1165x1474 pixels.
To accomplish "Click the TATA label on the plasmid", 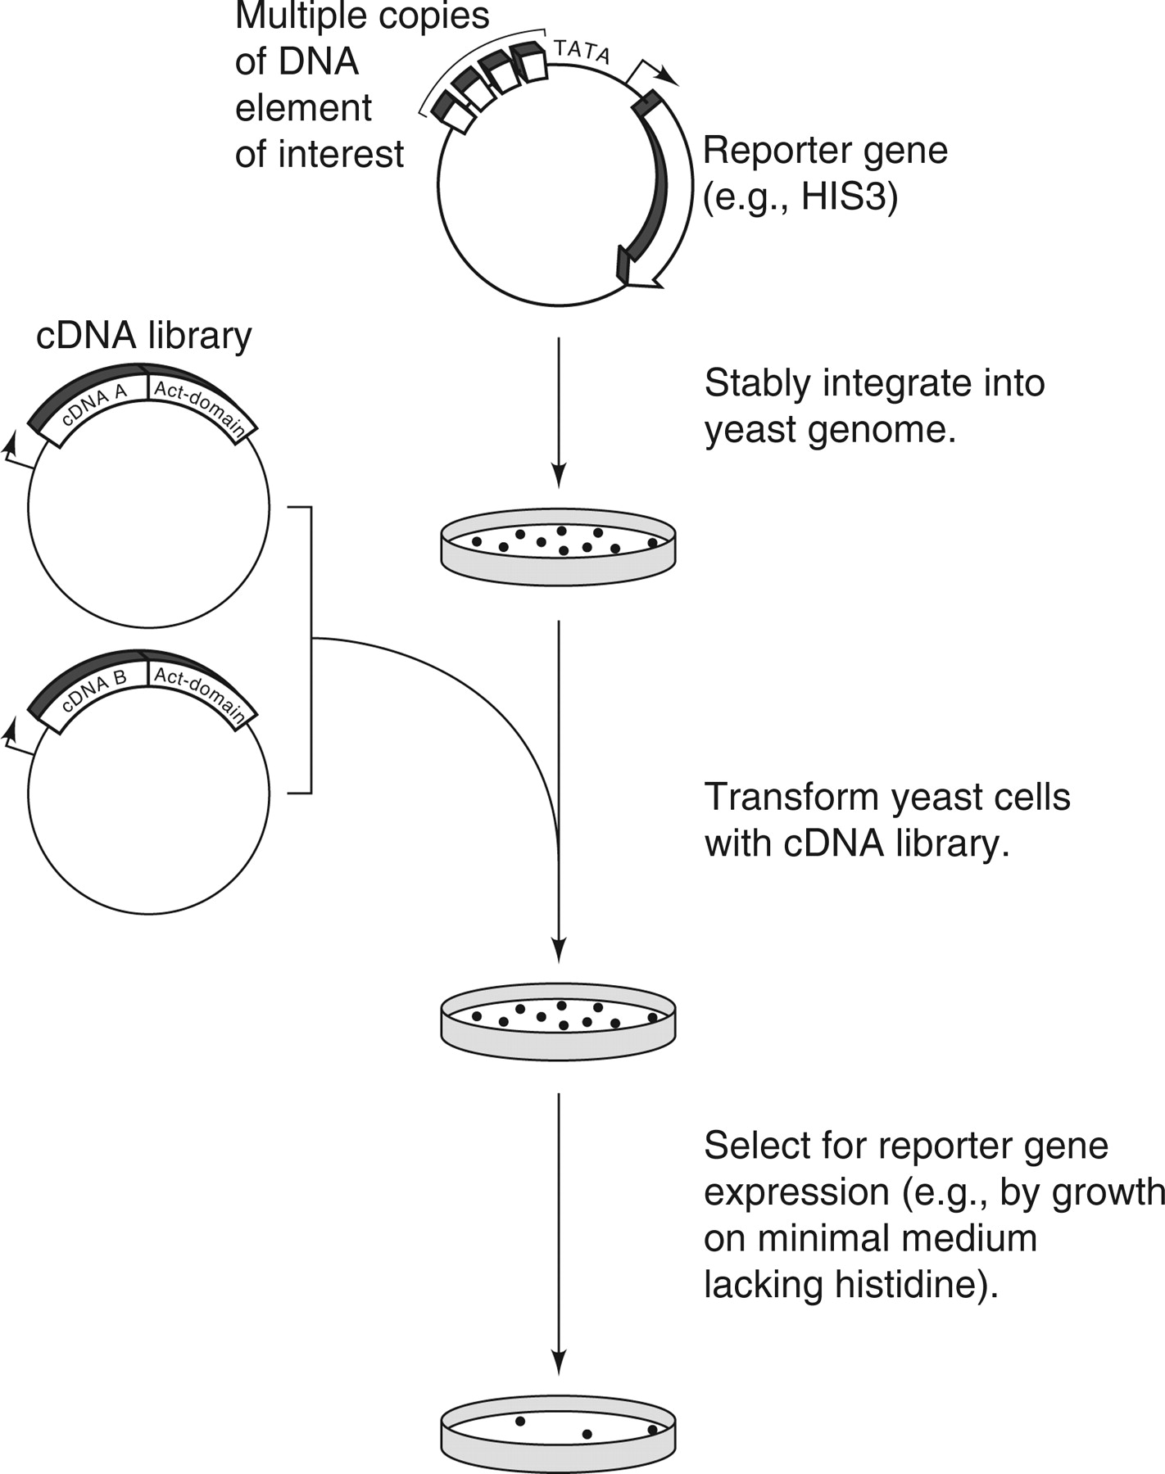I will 582,52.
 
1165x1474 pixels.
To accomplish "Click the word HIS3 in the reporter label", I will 848,197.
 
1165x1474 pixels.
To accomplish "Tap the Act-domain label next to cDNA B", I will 200,694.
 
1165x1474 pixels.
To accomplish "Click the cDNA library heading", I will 144,336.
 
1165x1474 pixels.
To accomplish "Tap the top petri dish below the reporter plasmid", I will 558,547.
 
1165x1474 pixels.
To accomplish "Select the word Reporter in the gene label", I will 767,151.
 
